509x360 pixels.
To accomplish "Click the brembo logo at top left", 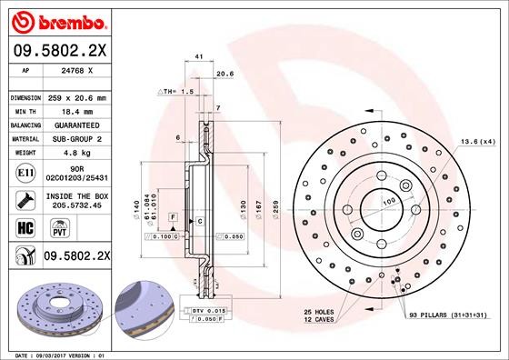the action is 59,22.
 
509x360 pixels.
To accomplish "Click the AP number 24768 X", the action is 77,70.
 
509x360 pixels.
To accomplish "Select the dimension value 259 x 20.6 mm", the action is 77,98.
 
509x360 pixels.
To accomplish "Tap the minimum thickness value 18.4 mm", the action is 77,112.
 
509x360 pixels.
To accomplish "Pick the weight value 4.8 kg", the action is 77,153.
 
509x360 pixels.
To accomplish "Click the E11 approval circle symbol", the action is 25,173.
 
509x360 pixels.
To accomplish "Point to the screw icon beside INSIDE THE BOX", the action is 25,200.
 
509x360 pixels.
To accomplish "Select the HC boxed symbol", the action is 25,228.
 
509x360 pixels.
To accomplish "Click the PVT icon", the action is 60,228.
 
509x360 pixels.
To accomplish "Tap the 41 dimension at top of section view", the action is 199,56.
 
